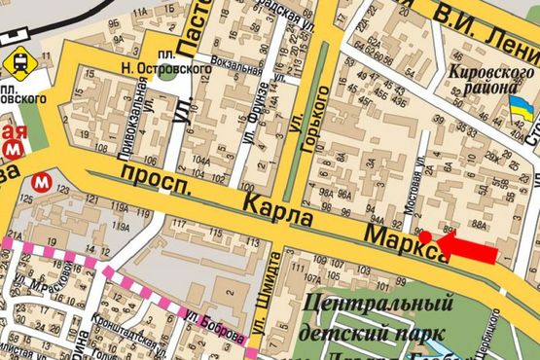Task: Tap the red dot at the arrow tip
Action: [425, 236]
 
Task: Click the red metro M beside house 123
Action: [42, 181]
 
